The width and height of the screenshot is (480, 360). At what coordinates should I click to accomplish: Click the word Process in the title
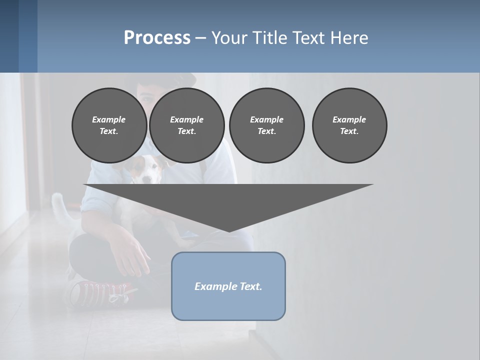157,38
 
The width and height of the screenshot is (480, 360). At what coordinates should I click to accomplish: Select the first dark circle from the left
109,125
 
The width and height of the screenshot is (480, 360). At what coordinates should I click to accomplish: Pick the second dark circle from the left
186,125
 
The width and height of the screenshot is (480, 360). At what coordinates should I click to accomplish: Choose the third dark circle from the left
266,125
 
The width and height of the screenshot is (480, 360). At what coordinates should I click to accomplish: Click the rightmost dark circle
349,125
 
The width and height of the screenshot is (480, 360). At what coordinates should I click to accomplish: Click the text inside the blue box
228,286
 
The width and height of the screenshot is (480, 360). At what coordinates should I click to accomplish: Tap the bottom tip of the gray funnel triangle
229,230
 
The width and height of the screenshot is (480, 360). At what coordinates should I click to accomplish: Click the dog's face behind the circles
145,170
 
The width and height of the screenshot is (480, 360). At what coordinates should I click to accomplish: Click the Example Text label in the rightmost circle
349,125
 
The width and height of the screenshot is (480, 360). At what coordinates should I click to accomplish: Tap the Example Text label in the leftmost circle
109,125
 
